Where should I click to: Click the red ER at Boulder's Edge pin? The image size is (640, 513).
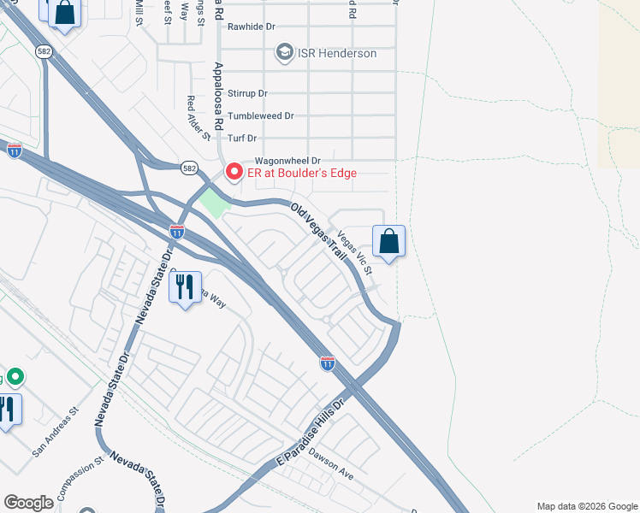coord(233,172)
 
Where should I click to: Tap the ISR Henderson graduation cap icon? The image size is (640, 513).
coord(284,53)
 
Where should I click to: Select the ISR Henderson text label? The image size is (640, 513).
coord(337,53)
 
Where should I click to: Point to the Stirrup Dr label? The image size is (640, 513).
coord(248,93)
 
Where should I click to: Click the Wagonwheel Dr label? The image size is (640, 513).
coord(287,160)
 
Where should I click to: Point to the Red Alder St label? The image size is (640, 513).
coord(199,117)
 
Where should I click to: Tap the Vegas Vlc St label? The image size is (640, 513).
coord(356,253)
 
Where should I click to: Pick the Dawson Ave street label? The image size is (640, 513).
coord(331,463)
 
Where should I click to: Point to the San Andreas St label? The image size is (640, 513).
coord(56,430)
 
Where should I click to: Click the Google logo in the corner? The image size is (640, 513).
coord(28,503)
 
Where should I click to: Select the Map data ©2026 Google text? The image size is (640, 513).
coord(587,506)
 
